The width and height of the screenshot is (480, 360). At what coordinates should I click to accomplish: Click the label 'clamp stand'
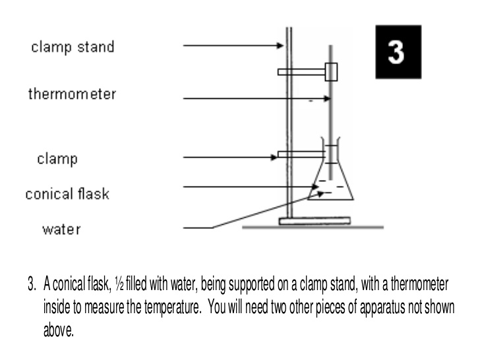tap(73, 47)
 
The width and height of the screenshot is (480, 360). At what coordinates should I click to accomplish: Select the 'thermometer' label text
tap(72, 94)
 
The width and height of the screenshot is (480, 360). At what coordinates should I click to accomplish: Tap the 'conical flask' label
tap(67, 195)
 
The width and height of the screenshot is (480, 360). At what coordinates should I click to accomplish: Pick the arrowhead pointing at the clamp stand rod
tap(280, 45)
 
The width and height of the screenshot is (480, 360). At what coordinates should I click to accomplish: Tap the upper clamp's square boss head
tap(332, 71)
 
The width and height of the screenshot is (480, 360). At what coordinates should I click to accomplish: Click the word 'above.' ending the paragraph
tap(59, 315)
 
